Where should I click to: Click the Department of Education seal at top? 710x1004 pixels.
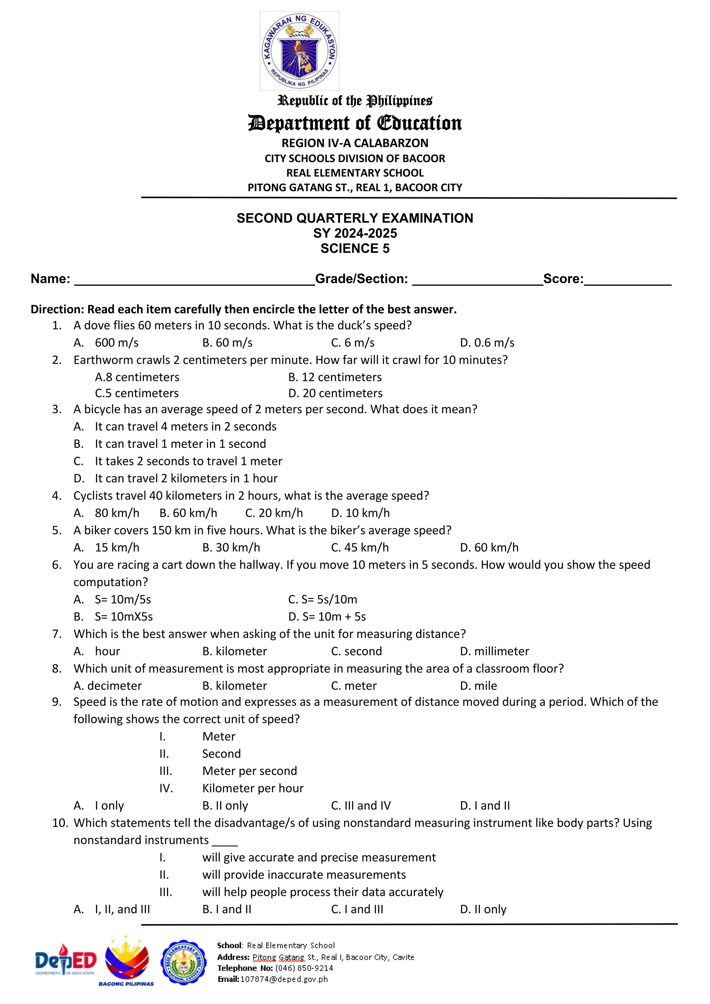(299, 51)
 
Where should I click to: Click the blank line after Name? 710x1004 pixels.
(194, 280)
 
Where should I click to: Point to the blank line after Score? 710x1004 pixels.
(627, 280)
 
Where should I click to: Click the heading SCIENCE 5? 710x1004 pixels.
(355, 248)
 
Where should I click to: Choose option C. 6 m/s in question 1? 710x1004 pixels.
(353, 343)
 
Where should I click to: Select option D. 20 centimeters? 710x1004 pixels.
(335, 393)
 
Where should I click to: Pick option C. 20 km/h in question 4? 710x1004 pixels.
(274, 513)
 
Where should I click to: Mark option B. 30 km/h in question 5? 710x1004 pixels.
(231, 547)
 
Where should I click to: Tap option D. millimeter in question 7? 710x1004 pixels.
(494, 651)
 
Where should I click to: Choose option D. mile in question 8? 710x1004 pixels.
(478, 686)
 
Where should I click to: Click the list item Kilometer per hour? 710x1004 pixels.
(253, 788)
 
